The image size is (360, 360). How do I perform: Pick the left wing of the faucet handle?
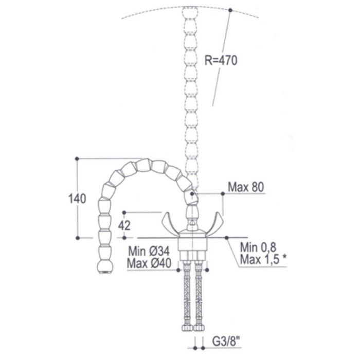(173, 222)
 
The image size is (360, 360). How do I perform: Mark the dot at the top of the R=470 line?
(230, 9)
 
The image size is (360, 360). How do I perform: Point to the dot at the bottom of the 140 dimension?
(77, 238)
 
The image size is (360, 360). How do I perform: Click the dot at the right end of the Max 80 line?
(222, 193)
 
